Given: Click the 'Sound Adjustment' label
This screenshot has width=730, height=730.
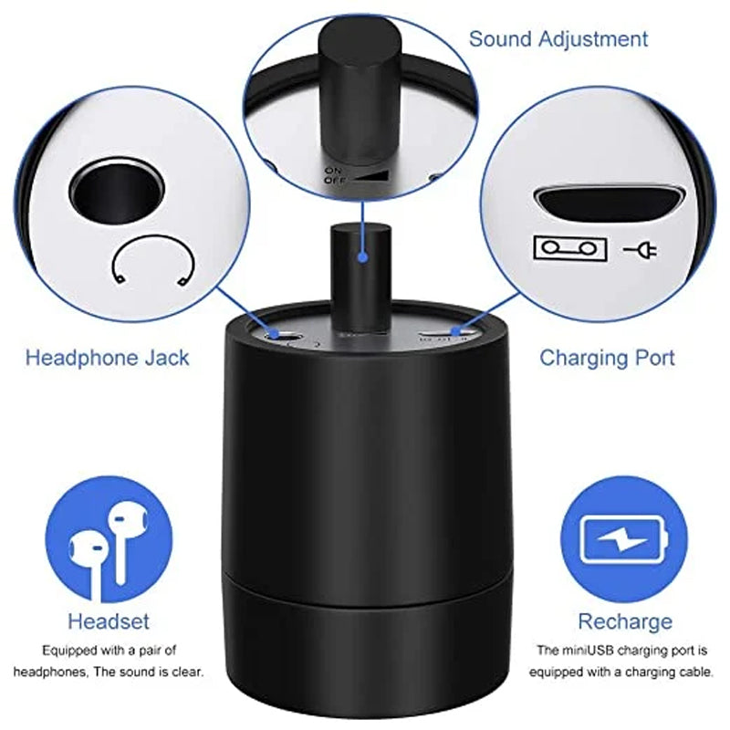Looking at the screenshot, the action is (558, 39).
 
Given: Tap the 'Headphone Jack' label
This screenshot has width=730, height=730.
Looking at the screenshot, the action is (108, 358).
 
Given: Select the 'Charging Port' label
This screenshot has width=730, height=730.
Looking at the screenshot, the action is (607, 359).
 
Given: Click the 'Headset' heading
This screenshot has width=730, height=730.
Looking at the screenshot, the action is (109, 621).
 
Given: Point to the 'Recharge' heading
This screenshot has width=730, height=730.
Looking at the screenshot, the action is (625, 621).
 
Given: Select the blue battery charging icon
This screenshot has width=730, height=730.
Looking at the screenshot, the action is (624, 538).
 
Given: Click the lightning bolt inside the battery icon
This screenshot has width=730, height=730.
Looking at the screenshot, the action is (621, 540).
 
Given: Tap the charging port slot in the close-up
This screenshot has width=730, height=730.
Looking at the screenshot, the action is (609, 203).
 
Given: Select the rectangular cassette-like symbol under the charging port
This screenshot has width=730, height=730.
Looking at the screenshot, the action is (570, 248).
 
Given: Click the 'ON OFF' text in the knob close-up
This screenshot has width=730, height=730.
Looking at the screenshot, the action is (334, 175).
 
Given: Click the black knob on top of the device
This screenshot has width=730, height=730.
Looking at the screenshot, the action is (360, 278).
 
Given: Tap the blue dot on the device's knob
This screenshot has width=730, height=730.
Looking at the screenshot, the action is (362, 257).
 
